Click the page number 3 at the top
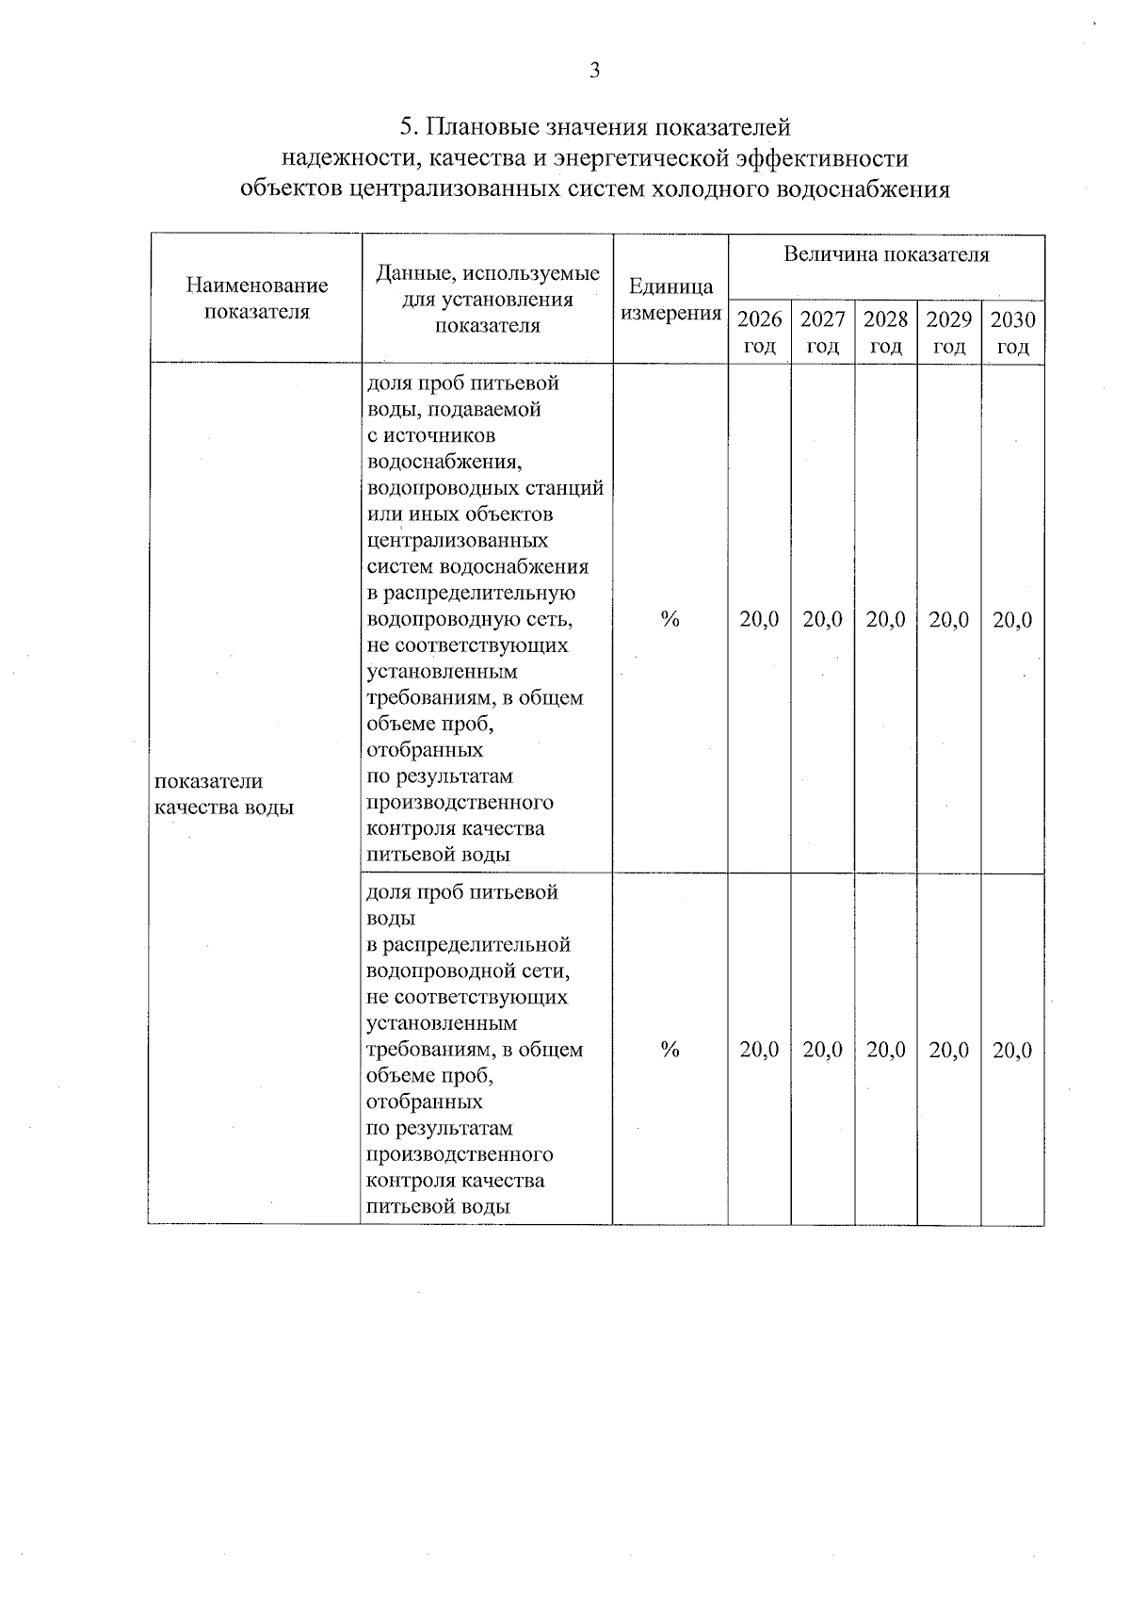(x=594, y=70)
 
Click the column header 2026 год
(x=759, y=333)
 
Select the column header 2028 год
(x=885, y=333)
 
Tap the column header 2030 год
(x=1012, y=333)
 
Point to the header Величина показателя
(x=886, y=254)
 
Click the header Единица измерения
(x=670, y=300)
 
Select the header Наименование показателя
(x=256, y=298)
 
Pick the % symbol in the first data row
(x=670, y=619)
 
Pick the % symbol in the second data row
(x=670, y=1050)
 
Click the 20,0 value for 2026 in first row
(x=759, y=620)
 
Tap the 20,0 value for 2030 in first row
(x=1012, y=620)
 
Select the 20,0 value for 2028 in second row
(x=885, y=1050)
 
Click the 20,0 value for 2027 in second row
(x=822, y=1050)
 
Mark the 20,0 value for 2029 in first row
(x=948, y=620)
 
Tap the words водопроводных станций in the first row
(x=484, y=488)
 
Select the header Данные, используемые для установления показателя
(x=487, y=300)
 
